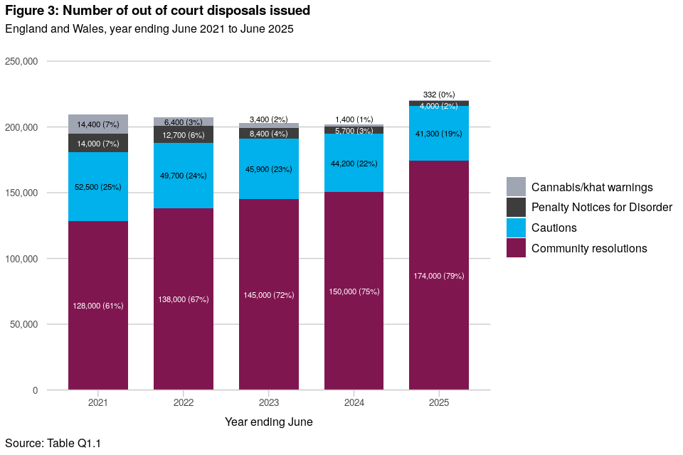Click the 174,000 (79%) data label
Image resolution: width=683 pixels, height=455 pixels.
click(x=439, y=276)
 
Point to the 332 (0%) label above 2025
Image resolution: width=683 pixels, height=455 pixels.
click(x=439, y=95)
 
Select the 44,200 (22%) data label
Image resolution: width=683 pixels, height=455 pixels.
click(x=354, y=164)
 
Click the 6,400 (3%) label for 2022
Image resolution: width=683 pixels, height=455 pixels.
click(x=184, y=122)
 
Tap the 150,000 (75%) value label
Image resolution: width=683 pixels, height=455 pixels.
click(x=354, y=291)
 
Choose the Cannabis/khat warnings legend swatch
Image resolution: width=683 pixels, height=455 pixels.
click(x=516, y=187)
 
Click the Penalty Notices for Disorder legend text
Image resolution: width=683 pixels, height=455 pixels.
click(x=601, y=208)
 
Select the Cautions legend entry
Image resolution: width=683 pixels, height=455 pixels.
click(x=554, y=228)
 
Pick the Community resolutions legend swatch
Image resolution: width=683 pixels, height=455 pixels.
click(x=516, y=248)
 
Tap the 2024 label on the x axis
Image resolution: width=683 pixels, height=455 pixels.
click(x=354, y=402)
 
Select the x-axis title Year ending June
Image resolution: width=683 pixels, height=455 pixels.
click(x=269, y=422)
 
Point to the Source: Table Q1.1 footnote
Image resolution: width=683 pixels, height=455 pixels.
click(x=53, y=444)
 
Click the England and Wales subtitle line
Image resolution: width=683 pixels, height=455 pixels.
click(x=149, y=29)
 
